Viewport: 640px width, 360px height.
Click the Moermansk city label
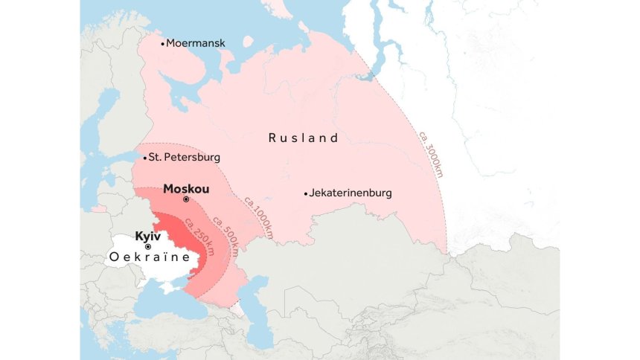196,43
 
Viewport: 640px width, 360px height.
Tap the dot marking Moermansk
162,43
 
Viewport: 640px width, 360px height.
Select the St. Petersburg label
185,158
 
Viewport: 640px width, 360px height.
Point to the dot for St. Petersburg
144,158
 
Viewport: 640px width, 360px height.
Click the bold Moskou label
186,189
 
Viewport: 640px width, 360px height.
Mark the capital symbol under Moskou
186,200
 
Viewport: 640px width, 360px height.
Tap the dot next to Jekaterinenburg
305,193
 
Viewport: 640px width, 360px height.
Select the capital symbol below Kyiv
148,246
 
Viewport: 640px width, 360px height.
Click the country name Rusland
304,138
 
